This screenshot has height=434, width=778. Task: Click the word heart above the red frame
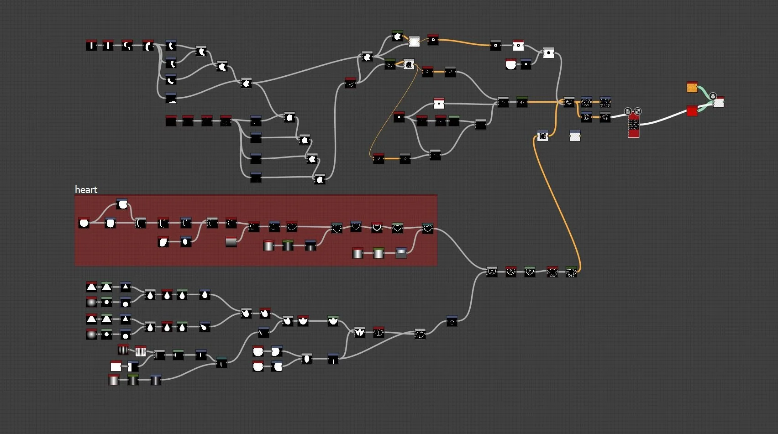[x=86, y=190]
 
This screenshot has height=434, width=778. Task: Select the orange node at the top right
[x=692, y=87]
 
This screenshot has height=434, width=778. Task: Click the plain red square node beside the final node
[x=692, y=111]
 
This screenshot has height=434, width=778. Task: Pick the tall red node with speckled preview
[x=633, y=125]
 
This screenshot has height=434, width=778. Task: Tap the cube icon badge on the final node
[x=713, y=96]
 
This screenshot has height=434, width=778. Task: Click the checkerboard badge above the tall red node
[x=638, y=111]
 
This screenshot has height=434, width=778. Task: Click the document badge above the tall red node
[x=628, y=111]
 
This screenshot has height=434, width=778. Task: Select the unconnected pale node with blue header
[x=575, y=136]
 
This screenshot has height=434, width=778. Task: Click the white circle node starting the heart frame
[x=84, y=223]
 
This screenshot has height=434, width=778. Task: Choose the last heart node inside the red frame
[x=427, y=228]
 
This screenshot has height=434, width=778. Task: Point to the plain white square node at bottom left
[x=116, y=366]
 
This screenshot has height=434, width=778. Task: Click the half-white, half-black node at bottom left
[x=133, y=366]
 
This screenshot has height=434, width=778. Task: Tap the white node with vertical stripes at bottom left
[x=141, y=351]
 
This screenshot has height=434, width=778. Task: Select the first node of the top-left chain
[x=91, y=45]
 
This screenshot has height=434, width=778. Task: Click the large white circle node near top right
[x=510, y=64]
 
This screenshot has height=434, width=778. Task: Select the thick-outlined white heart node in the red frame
[x=377, y=227]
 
